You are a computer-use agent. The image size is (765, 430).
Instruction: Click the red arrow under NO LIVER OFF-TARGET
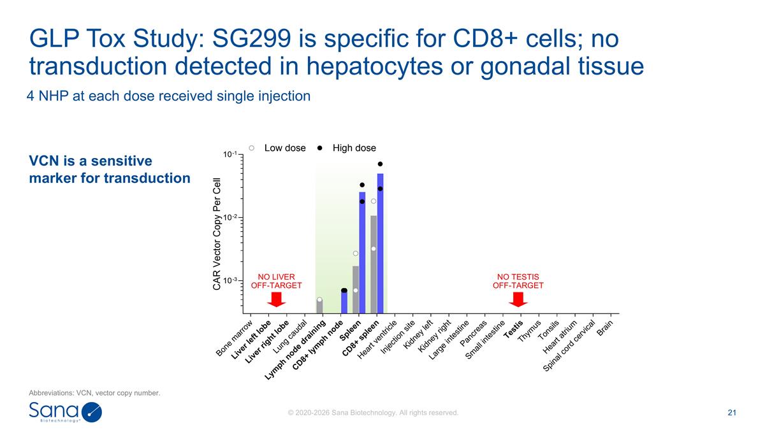[276, 299]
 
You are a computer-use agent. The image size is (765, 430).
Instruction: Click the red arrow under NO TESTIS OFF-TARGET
[518, 299]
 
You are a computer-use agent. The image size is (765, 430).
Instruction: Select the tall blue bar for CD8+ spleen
[380, 243]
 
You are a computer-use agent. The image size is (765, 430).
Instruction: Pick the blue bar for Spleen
[362, 252]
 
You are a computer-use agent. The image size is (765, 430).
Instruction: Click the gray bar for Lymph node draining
[319, 306]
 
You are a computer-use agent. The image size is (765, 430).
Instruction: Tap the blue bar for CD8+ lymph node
[344, 302]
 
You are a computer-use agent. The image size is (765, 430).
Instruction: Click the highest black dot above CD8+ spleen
[380, 164]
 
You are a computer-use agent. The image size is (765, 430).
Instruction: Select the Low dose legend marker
[252, 148]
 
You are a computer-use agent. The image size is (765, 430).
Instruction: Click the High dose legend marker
[319, 148]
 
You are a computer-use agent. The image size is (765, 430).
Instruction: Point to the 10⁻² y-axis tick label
[230, 217]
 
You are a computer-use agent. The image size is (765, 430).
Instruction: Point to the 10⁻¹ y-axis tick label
[230, 154]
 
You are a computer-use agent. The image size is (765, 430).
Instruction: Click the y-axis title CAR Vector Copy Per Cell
[217, 234]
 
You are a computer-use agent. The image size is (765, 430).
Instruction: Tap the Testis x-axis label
[513, 330]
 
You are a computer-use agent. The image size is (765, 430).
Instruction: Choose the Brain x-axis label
[605, 328]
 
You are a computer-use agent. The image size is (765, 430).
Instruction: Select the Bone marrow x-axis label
[235, 338]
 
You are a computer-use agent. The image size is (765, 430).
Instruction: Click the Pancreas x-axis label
[473, 333]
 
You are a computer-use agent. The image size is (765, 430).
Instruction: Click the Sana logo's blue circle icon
[92, 412]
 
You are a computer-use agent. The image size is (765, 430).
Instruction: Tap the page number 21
[732, 413]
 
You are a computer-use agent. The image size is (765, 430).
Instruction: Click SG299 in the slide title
[252, 38]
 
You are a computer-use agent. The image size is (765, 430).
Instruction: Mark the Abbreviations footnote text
[94, 393]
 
